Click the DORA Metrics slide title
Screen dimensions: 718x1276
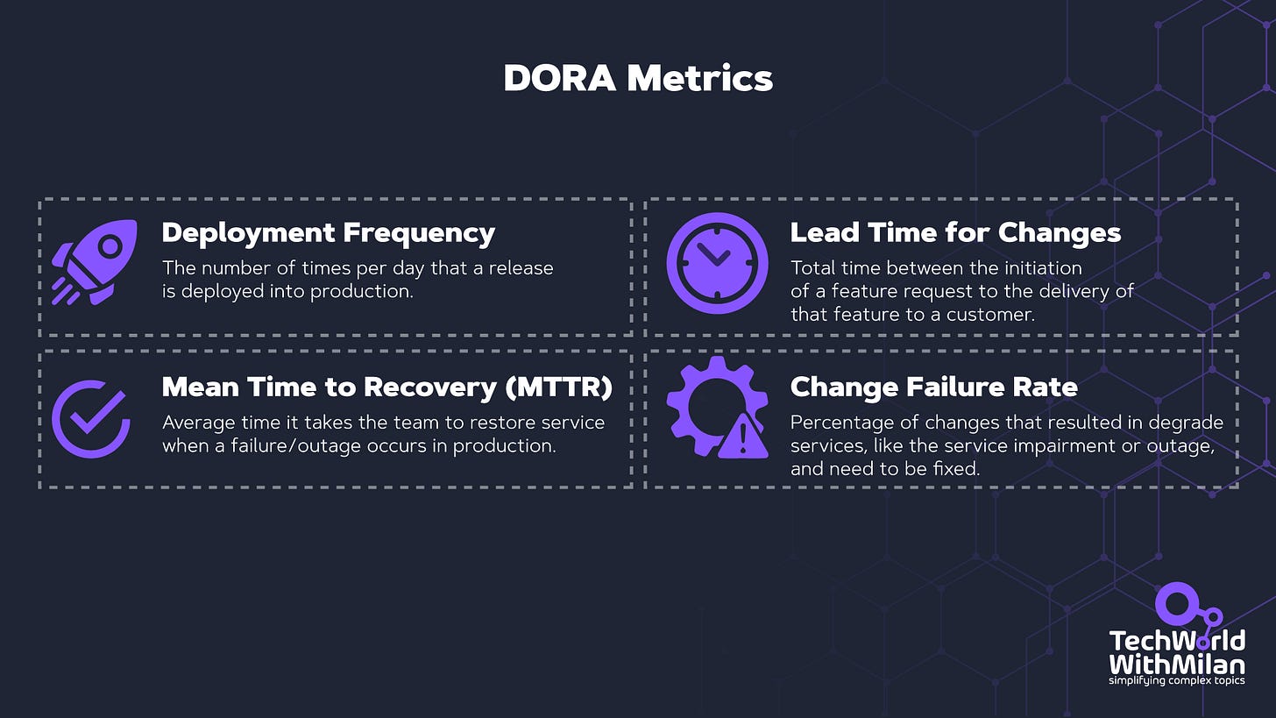pos(638,78)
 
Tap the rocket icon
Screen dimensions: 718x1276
pos(94,261)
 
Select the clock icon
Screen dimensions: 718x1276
pos(717,262)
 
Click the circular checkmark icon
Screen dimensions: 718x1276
pos(90,419)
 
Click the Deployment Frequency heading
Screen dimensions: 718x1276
pos(329,233)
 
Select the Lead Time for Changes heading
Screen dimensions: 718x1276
pos(955,233)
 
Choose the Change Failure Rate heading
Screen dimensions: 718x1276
pos(934,387)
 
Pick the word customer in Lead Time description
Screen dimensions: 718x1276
pos(992,314)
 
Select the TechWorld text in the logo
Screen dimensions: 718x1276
pos(1176,640)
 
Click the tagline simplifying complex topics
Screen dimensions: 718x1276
pos(1176,679)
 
